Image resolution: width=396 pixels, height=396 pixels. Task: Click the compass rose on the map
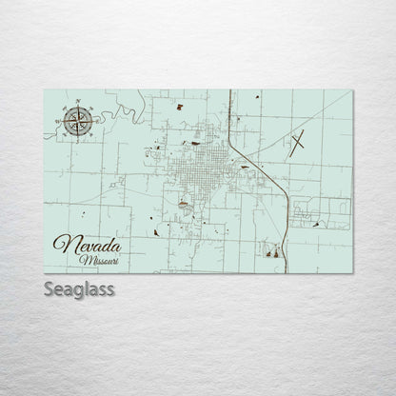point(79,120)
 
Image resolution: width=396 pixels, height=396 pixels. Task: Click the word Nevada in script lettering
point(88,246)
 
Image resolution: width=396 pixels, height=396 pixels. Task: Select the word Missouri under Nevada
point(100,260)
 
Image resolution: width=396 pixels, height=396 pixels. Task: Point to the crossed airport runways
point(298,143)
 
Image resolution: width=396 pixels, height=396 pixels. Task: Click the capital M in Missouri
point(85,260)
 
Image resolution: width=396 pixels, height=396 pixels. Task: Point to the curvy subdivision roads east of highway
point(319,215)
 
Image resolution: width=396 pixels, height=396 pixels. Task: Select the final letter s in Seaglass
point(109,288)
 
